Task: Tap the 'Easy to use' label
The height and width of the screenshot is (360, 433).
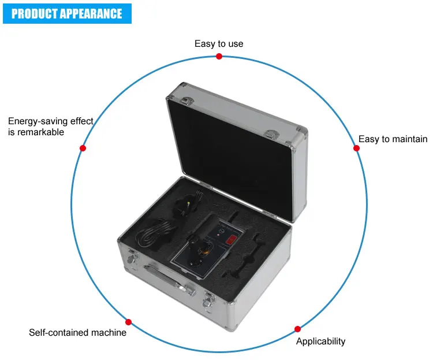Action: point(219,44)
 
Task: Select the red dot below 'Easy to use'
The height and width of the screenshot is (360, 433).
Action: point(219,57)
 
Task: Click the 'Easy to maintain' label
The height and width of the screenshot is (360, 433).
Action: point(393,139)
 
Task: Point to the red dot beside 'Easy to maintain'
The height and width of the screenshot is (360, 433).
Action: point(356,148)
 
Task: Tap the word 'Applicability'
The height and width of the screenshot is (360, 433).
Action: point(320,342)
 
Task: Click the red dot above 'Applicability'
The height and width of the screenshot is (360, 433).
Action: point(297,329)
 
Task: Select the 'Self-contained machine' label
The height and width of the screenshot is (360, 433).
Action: point(77,332)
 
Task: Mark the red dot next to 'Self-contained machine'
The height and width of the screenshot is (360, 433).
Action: point(128,322)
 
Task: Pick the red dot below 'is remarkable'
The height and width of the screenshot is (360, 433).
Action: point(83,148)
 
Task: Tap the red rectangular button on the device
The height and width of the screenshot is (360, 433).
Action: point(232,239)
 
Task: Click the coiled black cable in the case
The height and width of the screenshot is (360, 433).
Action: point(156,233)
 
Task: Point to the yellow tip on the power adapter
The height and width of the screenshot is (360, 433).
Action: point(188,203)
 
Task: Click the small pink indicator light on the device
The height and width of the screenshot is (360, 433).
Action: point(218,235)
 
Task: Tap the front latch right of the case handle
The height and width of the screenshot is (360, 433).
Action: point(209,302)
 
